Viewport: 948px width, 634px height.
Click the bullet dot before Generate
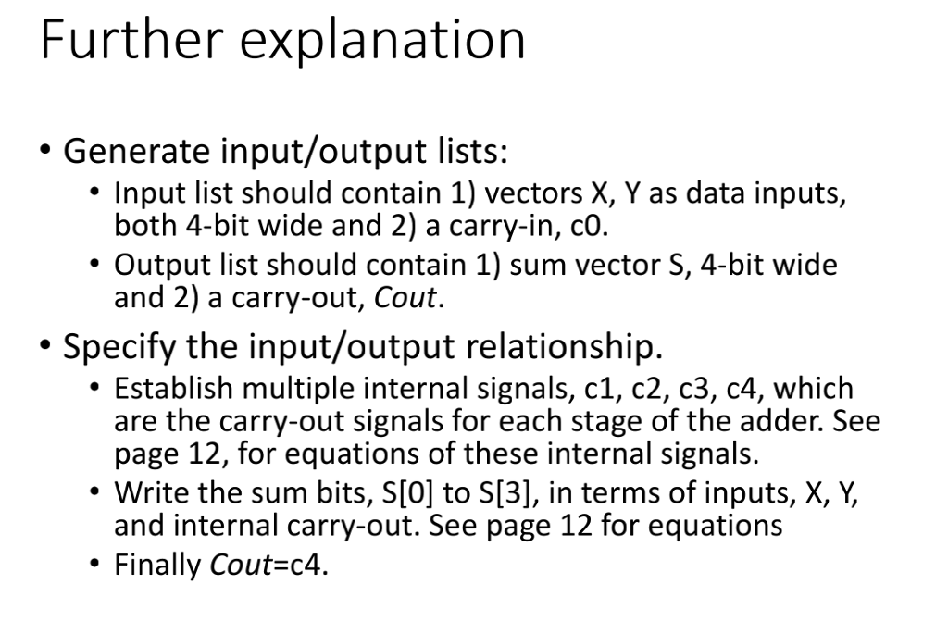point(46,149)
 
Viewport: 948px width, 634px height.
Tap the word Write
point(143,492)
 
